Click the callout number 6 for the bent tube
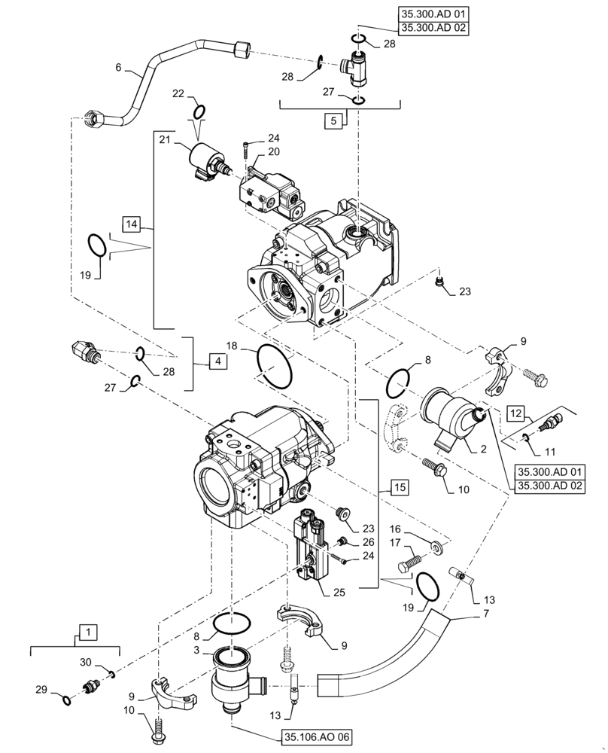pyautogui.click(x=118, y=68)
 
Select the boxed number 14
pyautogui.click(x=132, y=224)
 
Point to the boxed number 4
pyautogui.click(x=217, y=362)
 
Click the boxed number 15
pyautogui.click(x=399, y=488)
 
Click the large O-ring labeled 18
pyautogui.click(x=275, y=367)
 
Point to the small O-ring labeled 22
pyautogui.click(x=199, y=112)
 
